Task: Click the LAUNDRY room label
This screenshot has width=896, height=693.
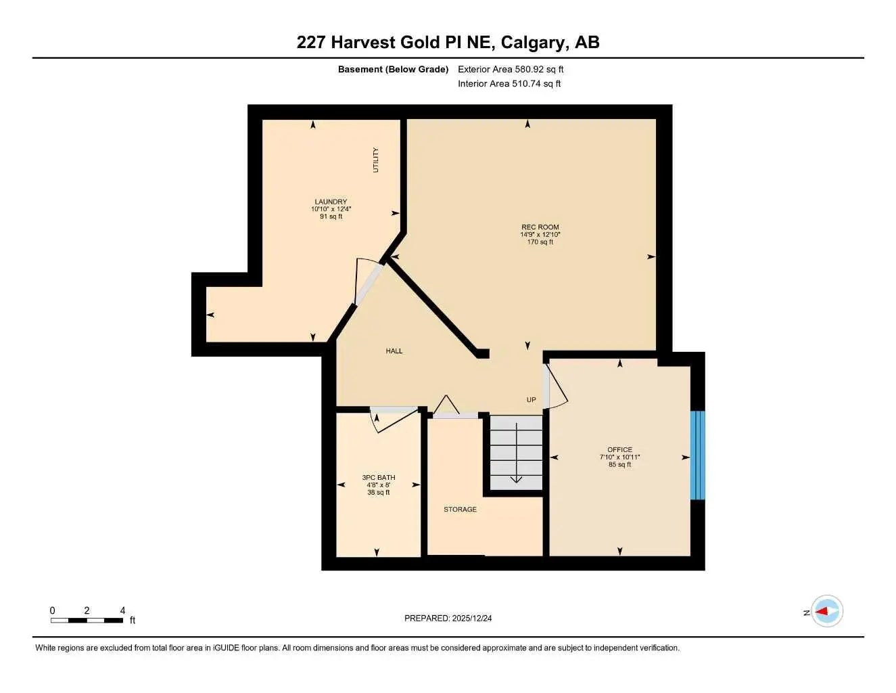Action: pos(331,202)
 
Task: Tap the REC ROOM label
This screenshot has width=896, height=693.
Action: pos(540,227)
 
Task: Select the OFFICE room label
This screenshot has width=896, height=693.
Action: pos(619,449)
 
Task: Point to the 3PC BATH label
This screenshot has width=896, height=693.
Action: pos(379,478)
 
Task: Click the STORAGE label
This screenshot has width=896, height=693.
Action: pos(460,510)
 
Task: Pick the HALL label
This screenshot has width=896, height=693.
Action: pos(394,351)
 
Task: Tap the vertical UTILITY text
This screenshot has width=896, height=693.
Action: pos(376,160)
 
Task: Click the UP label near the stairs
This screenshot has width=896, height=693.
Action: pos(532,400)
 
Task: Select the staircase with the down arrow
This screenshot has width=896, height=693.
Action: pos(516,452)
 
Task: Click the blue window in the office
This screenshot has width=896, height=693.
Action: pos(697,455)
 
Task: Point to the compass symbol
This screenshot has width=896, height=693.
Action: pos(826,612)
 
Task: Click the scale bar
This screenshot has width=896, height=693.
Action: pos(87,620)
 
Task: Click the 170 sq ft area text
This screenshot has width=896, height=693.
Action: pos(540,242)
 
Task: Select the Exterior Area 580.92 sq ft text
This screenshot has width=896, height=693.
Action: pos(511,69)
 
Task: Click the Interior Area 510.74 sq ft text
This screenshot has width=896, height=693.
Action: pos(509,84)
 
